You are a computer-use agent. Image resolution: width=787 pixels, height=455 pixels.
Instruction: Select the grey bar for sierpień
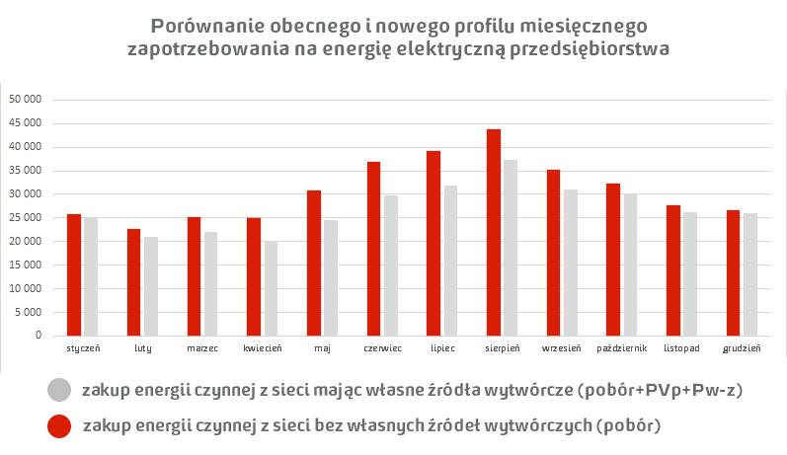point(511,248)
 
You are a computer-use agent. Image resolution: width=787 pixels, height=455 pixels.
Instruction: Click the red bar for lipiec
point(433,243)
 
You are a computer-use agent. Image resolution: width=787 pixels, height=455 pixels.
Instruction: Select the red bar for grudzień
point(733,272)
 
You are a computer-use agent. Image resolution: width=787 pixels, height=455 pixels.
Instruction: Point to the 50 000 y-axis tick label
point(25,100)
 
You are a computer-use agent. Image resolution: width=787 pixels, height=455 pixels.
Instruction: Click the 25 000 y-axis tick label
point(25,218)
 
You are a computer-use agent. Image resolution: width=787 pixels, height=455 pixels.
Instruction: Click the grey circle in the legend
point(58,391)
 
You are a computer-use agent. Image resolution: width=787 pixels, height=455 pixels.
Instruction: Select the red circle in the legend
point(58,425)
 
